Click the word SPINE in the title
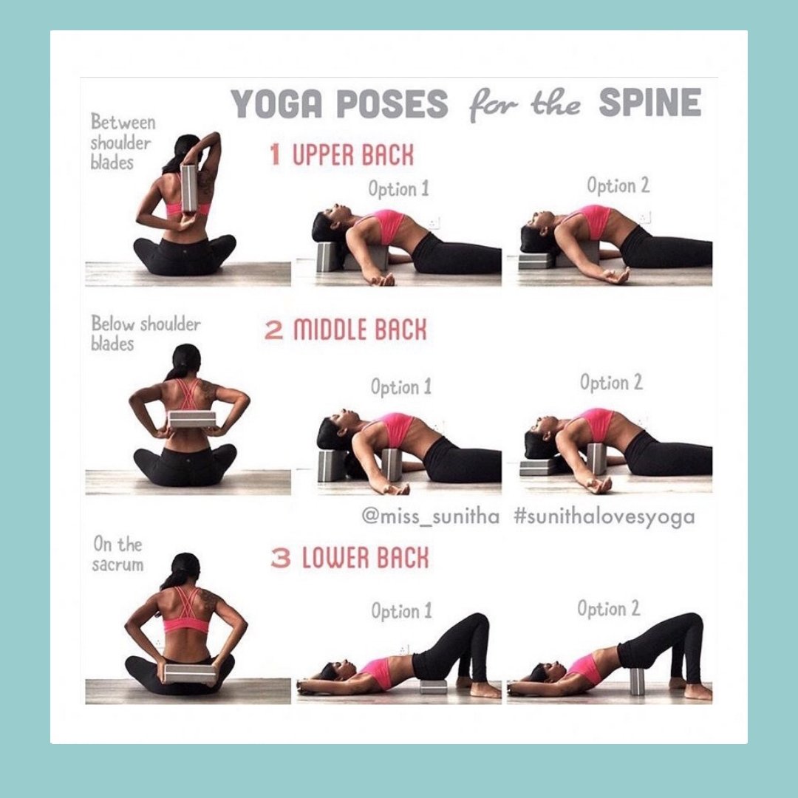coord(649,104)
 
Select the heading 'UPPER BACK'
coord(352,156)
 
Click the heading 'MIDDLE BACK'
coord(360,330)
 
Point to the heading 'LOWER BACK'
coord(365,559)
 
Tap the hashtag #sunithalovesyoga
coord(604,516)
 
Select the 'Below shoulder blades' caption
coord(145,333)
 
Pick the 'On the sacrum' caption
coord(117,554)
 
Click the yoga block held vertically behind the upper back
coord(189,188)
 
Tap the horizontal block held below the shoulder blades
coord(191,420)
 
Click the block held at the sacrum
coord(190,672)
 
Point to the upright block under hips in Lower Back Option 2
coord(636,681)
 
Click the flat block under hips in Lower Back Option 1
coord(434,686)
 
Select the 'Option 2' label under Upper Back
coord(618,185)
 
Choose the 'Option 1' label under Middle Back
coord(400,386)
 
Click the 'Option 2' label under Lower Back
coord(609,609)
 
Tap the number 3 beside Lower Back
coord(281,559)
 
